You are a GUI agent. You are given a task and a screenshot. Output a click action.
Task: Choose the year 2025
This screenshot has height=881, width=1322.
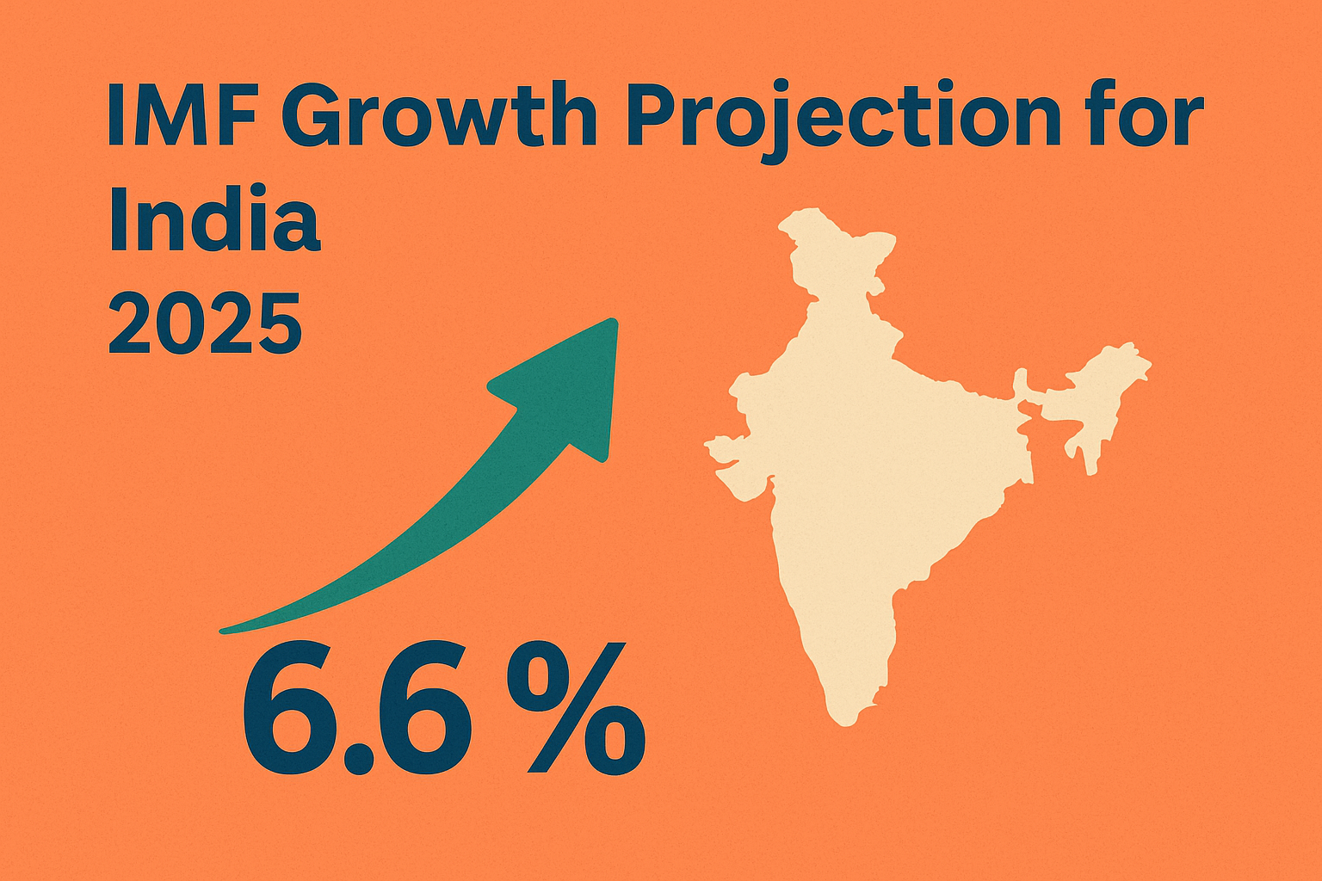click(x=205, y=324)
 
